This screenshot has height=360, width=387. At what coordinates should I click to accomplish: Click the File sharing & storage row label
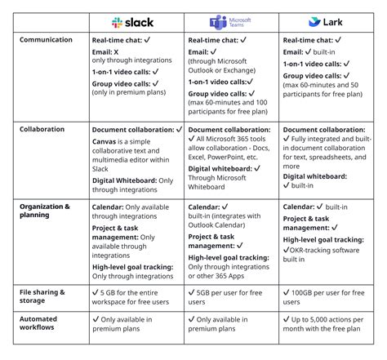(x=42, y=296)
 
